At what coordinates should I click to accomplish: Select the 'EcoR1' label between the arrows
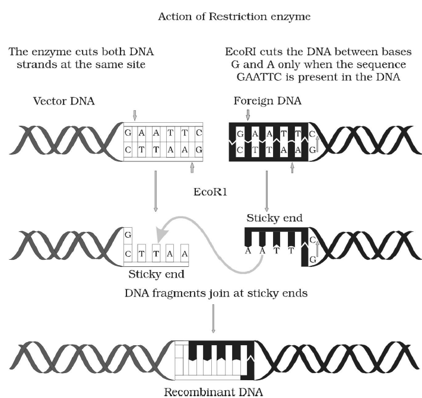pyautogui.click(x=210, y=192)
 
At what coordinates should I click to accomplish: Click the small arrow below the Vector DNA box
pyautogui.click(x=192, y=168)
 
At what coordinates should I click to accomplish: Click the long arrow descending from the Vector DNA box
pyautogui.click(x=156, y=190)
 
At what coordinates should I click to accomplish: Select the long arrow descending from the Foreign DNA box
pyautogui.click(x=266, y=190)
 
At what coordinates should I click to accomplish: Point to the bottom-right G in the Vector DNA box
pyautogui.click(x=198, y=150)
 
